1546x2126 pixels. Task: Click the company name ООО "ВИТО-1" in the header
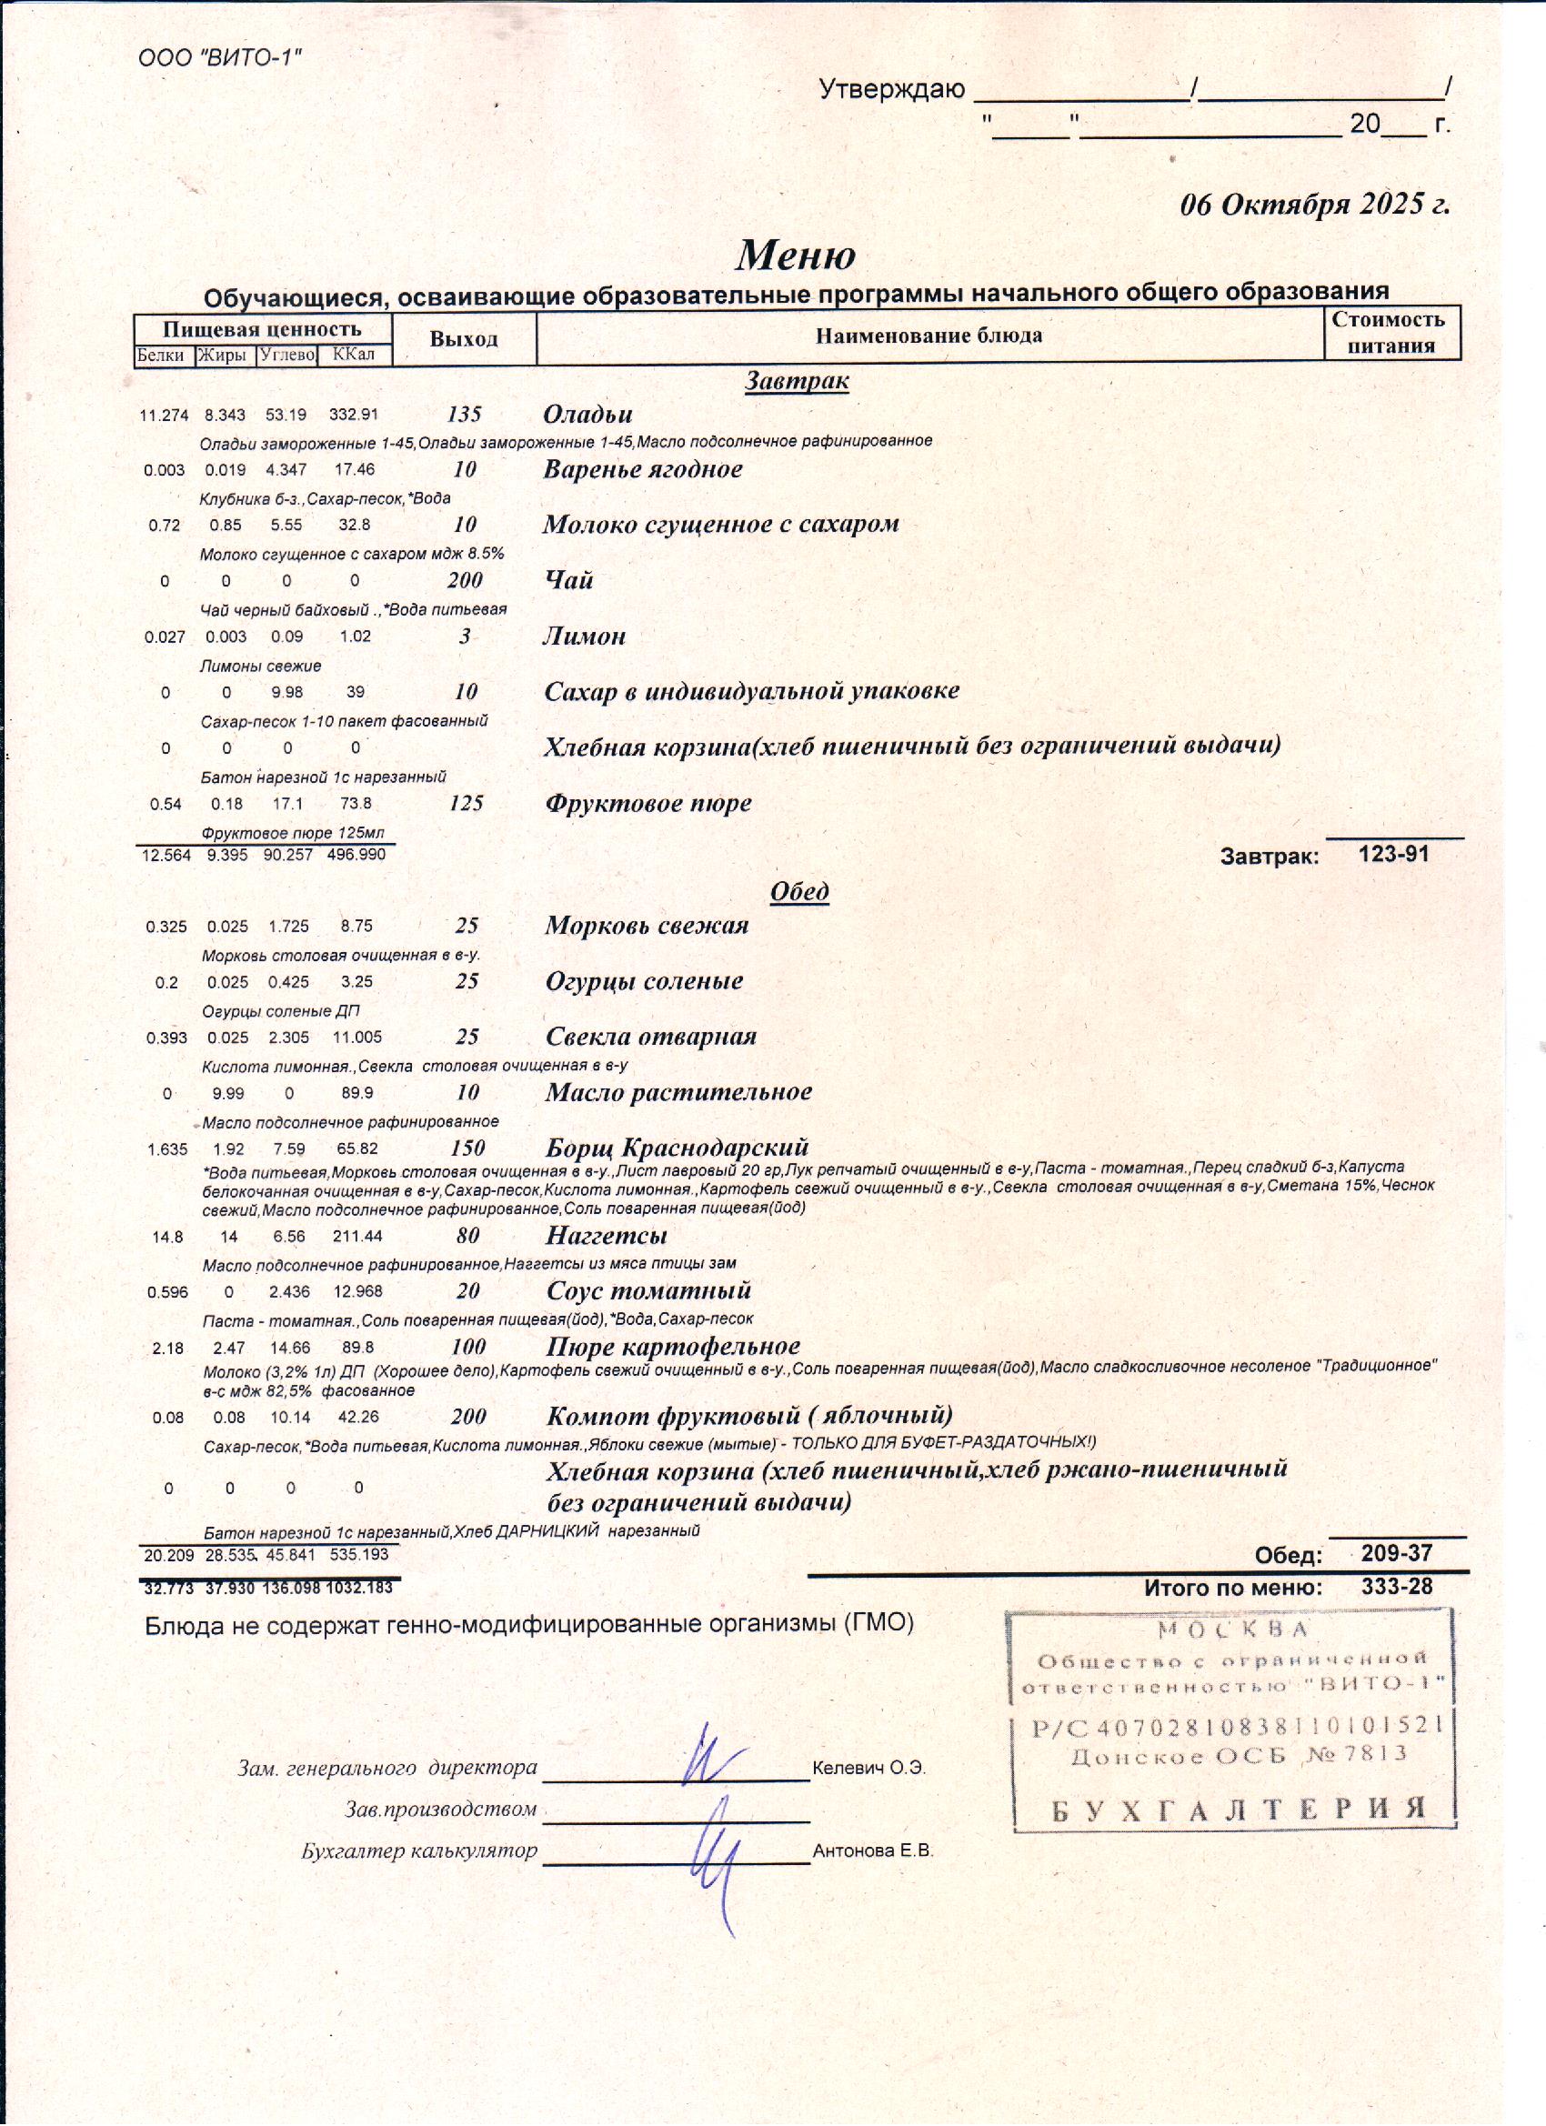pyautogui.click(x=219, y=58)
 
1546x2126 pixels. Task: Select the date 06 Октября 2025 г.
pyautogui.click(x=1313, y=205)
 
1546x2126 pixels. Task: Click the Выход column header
pyautogui.click(x=463, y=338)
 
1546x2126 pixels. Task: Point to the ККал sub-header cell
pyautogui.click(x=354, y=355)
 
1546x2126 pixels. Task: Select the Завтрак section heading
pyautogui.click(x=796, y=381)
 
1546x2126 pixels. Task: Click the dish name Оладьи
pyautogui.click(x=587, y=414)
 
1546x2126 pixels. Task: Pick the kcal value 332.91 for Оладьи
pyautogui.click(x=354, y=415)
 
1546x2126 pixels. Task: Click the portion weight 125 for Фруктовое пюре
pyautogui.click(x=466, y=802)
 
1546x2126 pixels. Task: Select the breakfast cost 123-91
pyautogui.click(x=1393, y=853)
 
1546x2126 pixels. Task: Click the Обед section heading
pyautogui.click(x=798, y=890)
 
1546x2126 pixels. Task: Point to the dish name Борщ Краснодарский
pyautogui.click(x=677, y=1147)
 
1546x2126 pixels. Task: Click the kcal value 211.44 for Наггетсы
pyautogui.click(x=357, y=1237)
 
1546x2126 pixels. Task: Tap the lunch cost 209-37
pyautogui.click(x=1396, y=1552)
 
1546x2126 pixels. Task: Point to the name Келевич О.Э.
pyautogui.click(x=869, y=1768)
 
